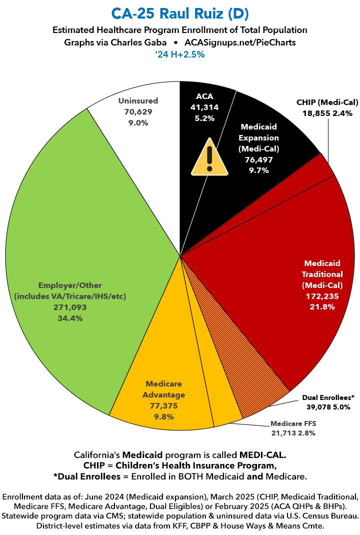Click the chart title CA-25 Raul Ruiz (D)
tap(180, 12)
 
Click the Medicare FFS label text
tap(293, 423)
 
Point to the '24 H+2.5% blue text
tap(180, 54)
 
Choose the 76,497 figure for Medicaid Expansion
tap(258, 159)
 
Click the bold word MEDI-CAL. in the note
tap(261, 455)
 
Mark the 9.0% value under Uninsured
tap(138, 122)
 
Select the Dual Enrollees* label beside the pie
tap(328, 397)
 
